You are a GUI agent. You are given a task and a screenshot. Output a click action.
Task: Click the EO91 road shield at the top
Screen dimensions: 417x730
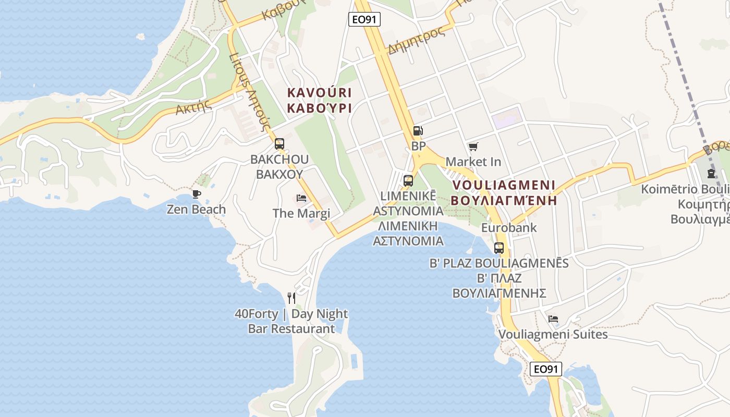click(364, 20)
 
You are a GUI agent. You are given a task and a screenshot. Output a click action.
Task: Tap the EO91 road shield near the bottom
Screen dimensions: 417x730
click(546, 369)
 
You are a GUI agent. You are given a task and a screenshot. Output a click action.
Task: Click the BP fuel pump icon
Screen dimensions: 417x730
click(418, 131)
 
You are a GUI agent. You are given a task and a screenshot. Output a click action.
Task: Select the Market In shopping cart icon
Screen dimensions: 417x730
click(473, 147)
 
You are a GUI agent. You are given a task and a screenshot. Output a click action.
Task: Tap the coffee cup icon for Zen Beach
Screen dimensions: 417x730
click(196, 194)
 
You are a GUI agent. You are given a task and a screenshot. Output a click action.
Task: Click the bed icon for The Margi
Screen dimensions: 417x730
click(301, 198)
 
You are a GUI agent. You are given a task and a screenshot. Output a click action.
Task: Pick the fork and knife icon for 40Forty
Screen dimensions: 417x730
click(291, 298)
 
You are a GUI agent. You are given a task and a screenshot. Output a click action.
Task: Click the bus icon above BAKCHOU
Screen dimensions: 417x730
click(279, 144)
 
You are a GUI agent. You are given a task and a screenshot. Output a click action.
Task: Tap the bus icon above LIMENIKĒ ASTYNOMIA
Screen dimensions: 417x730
click(408, 181)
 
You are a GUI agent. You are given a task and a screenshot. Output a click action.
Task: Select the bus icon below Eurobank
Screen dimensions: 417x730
click(499, 248)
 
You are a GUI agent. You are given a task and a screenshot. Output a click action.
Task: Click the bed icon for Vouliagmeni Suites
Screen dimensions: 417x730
click(553, 319)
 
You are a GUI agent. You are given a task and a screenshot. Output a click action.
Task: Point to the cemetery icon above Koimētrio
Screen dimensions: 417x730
click(711, 174)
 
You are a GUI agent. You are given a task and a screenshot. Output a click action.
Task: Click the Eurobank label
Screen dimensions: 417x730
click(508, 228)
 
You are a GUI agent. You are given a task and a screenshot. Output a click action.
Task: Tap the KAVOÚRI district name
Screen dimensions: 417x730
click(320, 93)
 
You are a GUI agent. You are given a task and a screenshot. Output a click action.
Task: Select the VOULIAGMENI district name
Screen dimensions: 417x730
click(504, 185)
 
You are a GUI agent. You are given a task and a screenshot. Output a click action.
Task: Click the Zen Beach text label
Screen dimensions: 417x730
click(196, 210)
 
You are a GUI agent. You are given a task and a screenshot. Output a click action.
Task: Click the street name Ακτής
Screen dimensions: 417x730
click(193, 108)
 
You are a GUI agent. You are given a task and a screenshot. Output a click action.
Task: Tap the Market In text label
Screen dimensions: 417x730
click(473, 162)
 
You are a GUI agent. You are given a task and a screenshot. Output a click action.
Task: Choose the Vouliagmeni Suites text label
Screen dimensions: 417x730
click(553, 334)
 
